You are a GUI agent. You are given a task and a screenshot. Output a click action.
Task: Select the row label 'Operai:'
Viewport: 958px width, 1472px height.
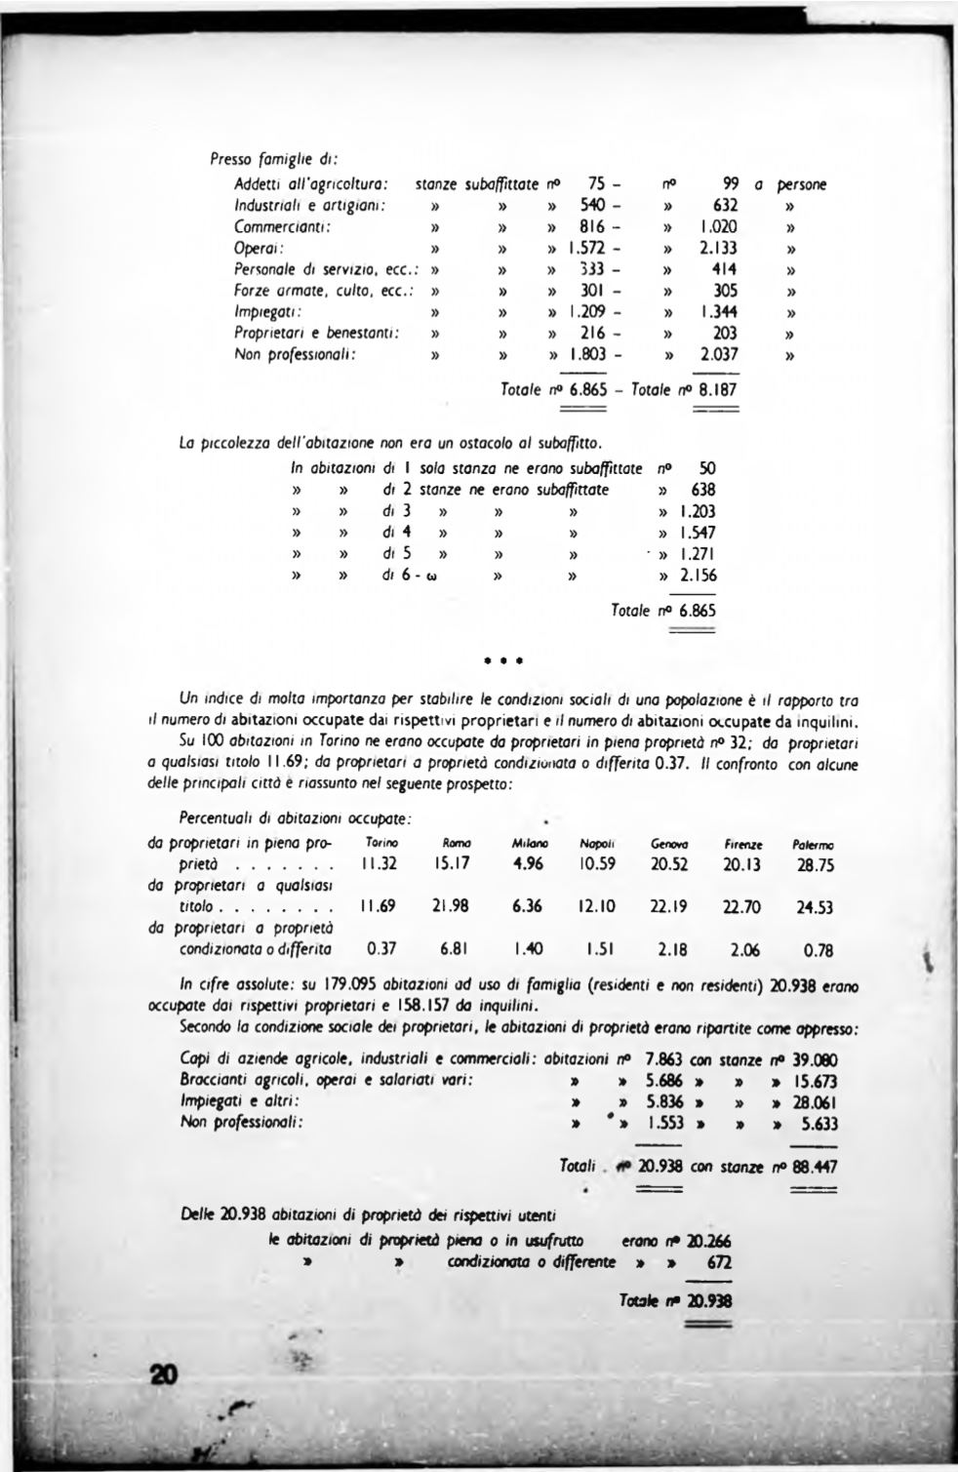tap(256, 248)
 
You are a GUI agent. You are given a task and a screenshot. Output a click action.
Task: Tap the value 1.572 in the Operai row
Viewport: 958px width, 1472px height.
tap(584, 248)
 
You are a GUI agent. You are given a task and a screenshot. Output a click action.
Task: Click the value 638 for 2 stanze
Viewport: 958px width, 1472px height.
tap(702, 489)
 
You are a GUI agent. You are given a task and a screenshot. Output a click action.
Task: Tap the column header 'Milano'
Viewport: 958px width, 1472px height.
tap(527, 842)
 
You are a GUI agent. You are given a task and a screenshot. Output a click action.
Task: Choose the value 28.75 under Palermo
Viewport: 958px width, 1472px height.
tap(815, 865)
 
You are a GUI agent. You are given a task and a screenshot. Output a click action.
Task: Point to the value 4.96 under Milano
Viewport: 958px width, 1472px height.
tap(527, 863)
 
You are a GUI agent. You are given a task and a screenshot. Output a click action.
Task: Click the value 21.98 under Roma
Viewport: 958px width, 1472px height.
tap(450, 905)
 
